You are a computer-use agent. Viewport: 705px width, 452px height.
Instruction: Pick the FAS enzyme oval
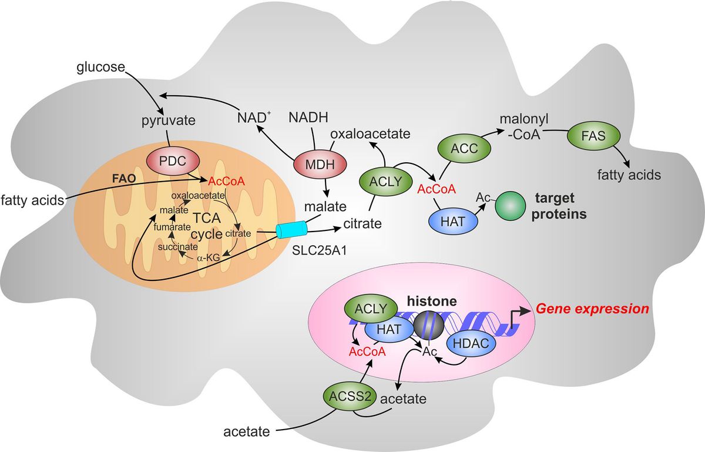(x=595, y=136)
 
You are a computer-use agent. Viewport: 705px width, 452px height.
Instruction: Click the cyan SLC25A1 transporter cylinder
(x=291, y=230)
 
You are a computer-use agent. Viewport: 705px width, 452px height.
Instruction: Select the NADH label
(x=308, y=118)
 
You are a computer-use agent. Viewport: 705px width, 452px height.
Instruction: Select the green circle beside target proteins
(x=511, y=207)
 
